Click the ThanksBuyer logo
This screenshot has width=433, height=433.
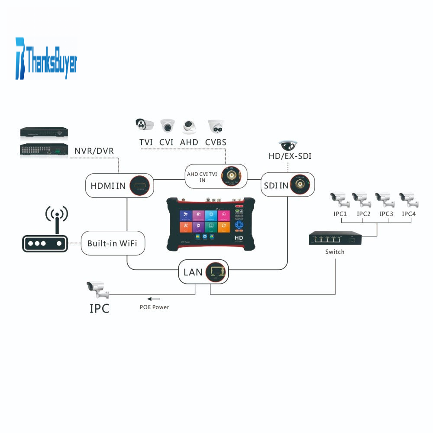(47, 58)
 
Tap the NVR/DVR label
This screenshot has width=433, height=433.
(94, 151)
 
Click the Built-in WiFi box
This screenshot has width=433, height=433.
(113, 243)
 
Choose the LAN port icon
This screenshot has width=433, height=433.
(216, 272)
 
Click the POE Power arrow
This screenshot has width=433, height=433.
(153, 299)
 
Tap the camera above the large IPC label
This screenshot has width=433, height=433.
(97, 289)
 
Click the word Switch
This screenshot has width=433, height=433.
(335, 252)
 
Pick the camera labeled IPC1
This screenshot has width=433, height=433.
(340, 200)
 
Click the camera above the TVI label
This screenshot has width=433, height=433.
(145, 125)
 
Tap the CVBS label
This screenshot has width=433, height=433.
(216, 142)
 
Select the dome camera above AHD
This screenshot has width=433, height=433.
(190, 126)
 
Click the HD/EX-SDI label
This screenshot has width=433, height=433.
(290, 156)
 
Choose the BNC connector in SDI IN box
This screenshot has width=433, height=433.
(300, 185)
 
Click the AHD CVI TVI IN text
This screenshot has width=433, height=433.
(202, 177)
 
